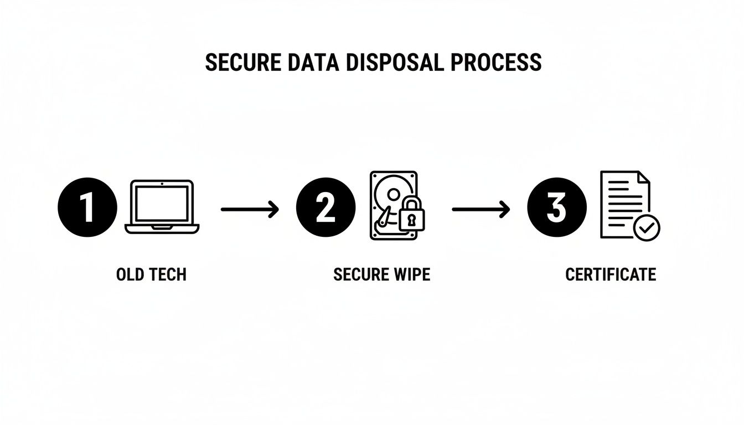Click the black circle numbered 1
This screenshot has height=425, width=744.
point(87,208)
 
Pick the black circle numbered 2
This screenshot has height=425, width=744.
point(325,208)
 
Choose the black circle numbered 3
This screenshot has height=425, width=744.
point(556,208)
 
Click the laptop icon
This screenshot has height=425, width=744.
point(162,206)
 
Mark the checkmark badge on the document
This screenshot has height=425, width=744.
point(646,227)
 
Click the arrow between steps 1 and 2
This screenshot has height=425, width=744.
point(250,209)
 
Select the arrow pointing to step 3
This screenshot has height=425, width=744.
point(480,209)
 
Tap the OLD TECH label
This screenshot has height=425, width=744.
point(151,274)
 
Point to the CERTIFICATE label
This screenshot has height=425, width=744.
point(610,274)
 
